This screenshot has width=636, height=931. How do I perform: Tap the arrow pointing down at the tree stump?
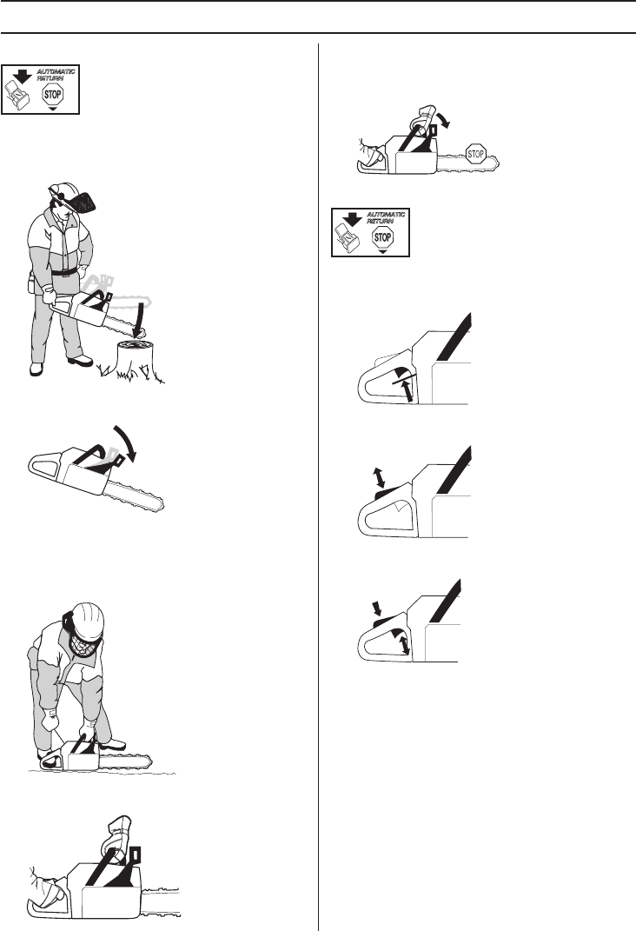click(x=139, y=321)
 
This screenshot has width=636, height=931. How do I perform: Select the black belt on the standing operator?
click(x=63, y=271)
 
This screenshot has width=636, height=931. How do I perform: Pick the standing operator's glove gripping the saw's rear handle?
click(x=50, y=295)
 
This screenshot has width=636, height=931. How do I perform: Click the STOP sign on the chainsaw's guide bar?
click(x=476, y=155)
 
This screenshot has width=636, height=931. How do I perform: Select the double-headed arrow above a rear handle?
click(x=377, y=477)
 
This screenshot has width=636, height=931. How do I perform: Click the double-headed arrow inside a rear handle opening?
click(x=405, y=644)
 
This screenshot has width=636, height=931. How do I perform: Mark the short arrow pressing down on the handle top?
click(x=375, y=608)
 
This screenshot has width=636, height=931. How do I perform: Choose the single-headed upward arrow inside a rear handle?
click(x=407, y=390)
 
